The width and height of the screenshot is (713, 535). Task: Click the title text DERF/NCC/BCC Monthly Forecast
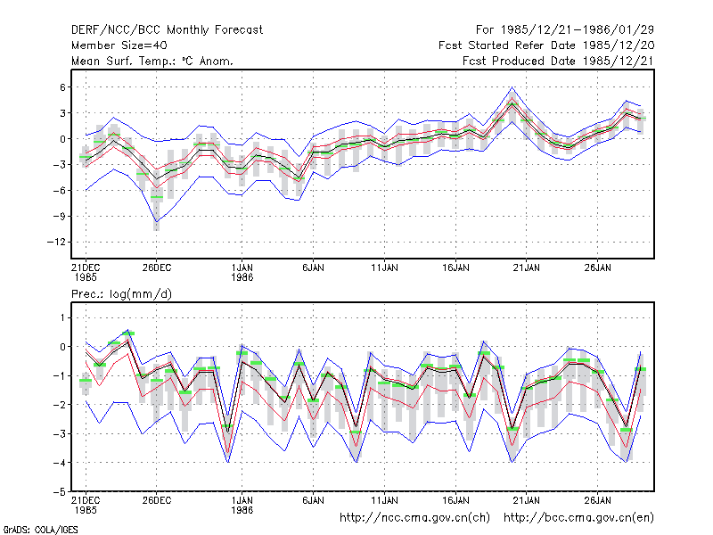[167, 30]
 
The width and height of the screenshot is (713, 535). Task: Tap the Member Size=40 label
[119, 45]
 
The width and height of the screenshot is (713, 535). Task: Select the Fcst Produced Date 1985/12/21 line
[558, 61]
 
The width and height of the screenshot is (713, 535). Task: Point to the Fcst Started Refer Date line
[546, 45]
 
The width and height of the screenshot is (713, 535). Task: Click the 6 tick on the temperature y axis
[62, 86]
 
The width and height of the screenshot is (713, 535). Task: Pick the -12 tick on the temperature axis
[56, 242]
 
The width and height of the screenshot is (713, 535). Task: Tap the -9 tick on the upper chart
[60, 216]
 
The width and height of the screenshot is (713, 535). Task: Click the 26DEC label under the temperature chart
[157, 267]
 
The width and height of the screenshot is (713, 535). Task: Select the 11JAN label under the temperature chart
[384, 267]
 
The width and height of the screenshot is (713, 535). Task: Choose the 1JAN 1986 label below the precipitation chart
[242, 505]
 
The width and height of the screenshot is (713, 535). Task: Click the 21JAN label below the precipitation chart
[526, 500]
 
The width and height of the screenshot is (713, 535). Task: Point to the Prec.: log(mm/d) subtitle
[121, 294]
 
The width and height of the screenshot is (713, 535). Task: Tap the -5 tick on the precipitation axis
[60, 492]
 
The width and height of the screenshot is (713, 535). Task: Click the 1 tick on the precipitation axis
[63, 317]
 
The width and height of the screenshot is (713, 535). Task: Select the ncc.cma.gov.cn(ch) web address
[414, 518]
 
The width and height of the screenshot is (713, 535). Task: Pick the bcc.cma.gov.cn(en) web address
[578, 518]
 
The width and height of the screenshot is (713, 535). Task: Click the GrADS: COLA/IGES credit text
[40, 530]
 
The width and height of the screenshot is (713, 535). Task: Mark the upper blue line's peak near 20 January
[512, 87]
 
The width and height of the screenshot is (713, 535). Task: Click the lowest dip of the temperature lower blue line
[157, 221]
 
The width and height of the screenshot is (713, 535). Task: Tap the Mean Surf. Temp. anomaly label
[152, 61]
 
